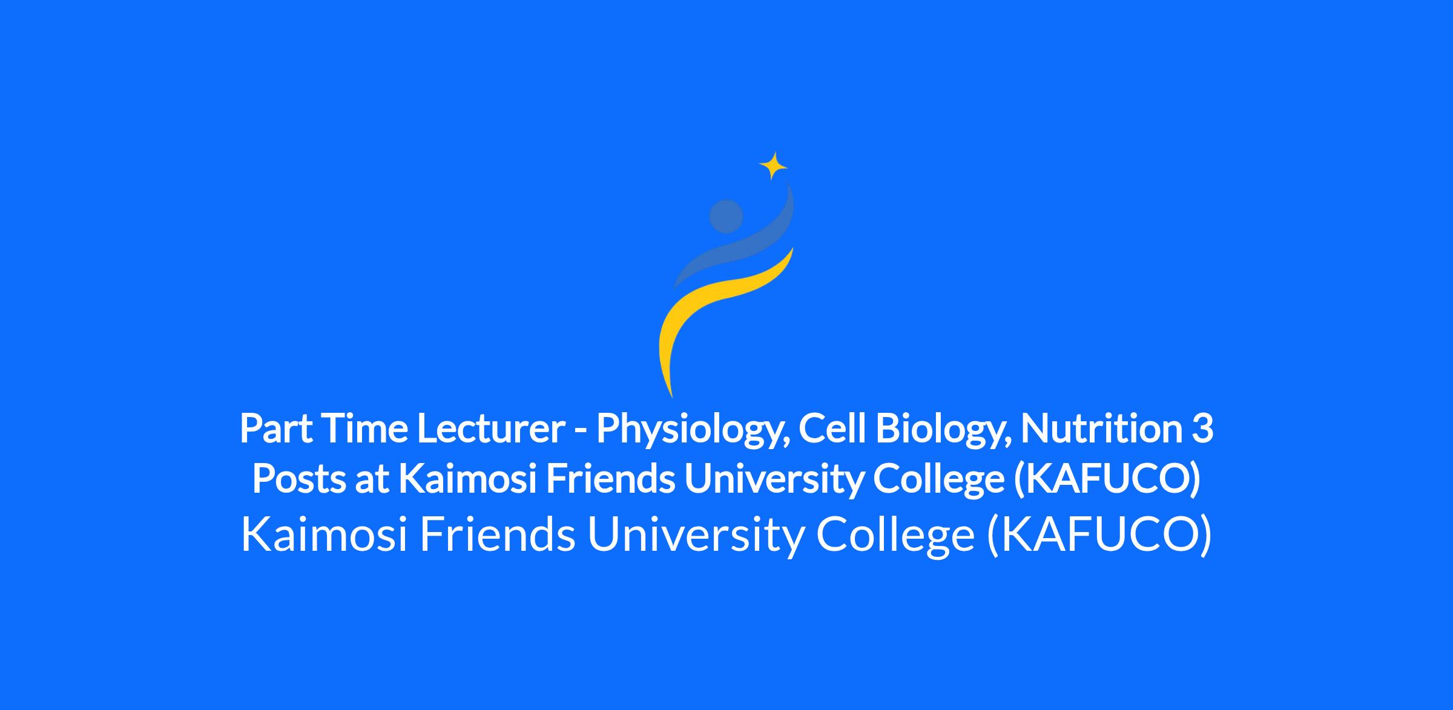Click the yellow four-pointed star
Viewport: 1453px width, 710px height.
pyautogui.click(x=773, y=165)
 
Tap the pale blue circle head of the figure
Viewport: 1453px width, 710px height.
pyautogui.click(x=726, y=216)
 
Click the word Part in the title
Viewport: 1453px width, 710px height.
pyautogui.click(x=276, y=428)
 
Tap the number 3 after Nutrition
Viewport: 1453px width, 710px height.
pyautogui.click(x=1203, y=429)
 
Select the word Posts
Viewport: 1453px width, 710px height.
pyautogui.click(x=299, y=479)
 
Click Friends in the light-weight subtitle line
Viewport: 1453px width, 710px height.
pyautogui.click(x=497, y=534)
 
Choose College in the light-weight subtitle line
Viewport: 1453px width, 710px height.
pyautogui.click(x=895, y=537)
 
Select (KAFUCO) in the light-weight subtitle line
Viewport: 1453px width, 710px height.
pyautogui.click(x=1099, y=536)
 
